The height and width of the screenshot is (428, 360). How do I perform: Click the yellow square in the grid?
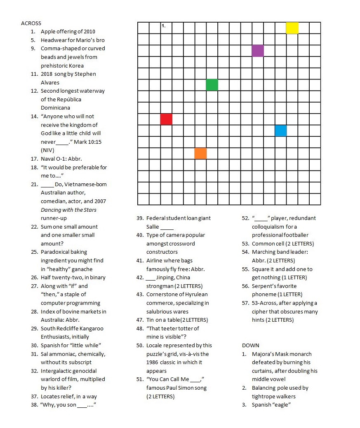pos(292,28)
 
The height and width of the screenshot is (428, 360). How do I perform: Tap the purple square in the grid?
pos(258,51)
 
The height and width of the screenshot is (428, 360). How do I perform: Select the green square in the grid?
pos(212,85)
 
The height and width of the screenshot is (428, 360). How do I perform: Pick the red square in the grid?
pos(166,119)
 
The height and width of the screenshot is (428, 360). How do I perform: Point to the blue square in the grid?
pos(281,131)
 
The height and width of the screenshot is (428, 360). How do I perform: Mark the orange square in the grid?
pos(200,153)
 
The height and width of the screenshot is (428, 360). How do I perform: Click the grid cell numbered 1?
pos(166,28)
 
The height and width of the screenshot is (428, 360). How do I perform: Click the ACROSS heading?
pos(31,23)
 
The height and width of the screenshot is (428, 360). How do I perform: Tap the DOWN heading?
pos(251,345)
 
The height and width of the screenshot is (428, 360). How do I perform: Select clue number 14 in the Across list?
pos(34,116)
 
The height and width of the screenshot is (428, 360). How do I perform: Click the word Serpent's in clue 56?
pos(264,286)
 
